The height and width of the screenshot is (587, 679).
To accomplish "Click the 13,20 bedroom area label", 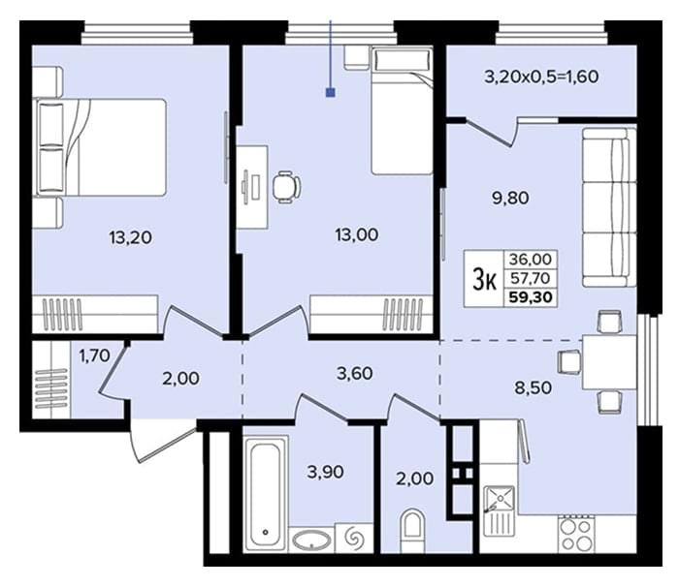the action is [x=130, y=237].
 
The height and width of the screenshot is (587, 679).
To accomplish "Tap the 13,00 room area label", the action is [x=356, y=234].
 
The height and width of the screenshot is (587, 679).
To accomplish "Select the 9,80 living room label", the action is [x=510, y=199].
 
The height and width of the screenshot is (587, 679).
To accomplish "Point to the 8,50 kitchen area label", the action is [x=533, y=387].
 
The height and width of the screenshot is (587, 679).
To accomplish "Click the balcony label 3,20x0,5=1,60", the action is [x=541, y=77].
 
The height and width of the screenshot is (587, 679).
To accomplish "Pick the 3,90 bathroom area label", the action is [x=326, y=472].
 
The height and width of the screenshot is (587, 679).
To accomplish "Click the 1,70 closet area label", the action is [x=94, y=355].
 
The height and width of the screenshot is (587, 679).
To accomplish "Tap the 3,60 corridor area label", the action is [x=355, y=373].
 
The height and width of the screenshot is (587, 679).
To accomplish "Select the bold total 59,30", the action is [x=531, y=297].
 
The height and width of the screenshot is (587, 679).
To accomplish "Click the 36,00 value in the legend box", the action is [x=531, y=259].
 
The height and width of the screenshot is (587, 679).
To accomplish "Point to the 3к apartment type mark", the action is [x=484, y=279].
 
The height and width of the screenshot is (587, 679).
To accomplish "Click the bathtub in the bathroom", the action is [x=265, y=494].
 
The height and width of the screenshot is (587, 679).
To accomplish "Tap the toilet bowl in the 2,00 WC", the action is [x=414, y=530].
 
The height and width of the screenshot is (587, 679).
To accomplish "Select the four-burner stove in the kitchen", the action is [x=576, y=535].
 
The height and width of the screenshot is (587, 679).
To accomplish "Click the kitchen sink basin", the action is [x=500, y=498].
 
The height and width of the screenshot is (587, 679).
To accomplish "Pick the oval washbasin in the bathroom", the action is [x=311, y=540].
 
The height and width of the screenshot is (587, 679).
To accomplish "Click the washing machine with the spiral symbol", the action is [x=355, y=538].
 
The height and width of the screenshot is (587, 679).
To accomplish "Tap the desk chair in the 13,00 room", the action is [x=287, y=187].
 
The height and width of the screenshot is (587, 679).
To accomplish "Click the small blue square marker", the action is [x=331, y=92].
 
